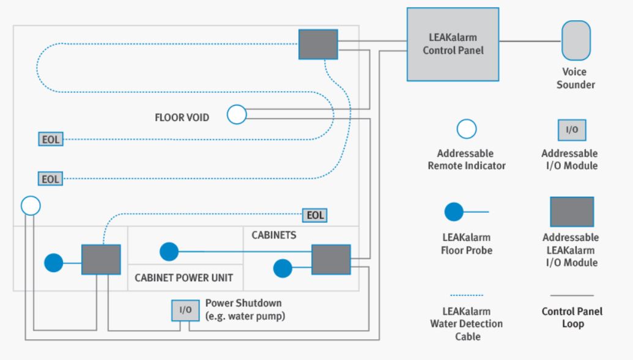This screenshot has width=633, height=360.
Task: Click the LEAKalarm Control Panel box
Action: (453, 44)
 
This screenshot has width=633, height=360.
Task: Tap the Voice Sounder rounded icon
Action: (576, 40)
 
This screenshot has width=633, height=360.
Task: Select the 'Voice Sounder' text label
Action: (575, 78)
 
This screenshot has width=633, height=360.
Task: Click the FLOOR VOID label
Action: (182, 117)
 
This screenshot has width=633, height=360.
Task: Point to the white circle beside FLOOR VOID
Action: (237, 114)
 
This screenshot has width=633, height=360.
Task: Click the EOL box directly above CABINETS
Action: (315, 215)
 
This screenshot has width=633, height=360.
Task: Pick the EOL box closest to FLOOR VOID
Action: (50, 139)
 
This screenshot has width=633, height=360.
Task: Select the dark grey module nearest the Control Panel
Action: (318, 44)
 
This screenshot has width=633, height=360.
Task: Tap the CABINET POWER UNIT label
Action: (183, 278)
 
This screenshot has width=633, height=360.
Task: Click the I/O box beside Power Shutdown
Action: (185, 310)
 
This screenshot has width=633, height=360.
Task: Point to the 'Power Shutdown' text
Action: (243, 303)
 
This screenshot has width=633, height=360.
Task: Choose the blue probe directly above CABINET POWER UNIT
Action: (169, 251)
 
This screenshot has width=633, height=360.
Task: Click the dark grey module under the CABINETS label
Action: (331, 260)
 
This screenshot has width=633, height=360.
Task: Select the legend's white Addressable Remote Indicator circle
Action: (467, 129)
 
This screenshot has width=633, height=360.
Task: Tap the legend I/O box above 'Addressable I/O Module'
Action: (572, 130)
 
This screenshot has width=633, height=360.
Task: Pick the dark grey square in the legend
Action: (572, 212)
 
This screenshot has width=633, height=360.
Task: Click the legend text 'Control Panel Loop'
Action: (572, 317)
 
